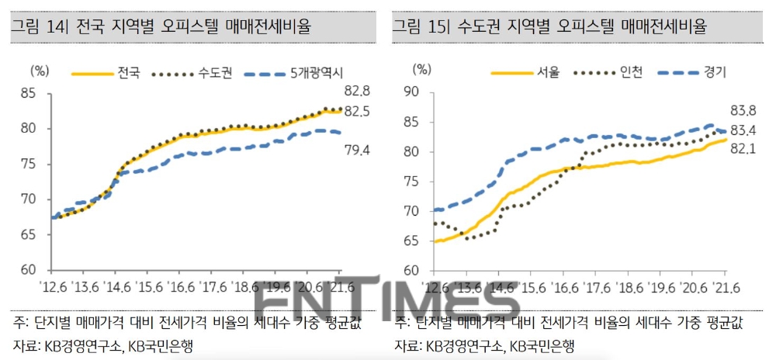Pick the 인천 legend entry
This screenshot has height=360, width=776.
[x=631, y=73]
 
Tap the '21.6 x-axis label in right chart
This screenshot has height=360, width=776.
[x=726, y=287]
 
